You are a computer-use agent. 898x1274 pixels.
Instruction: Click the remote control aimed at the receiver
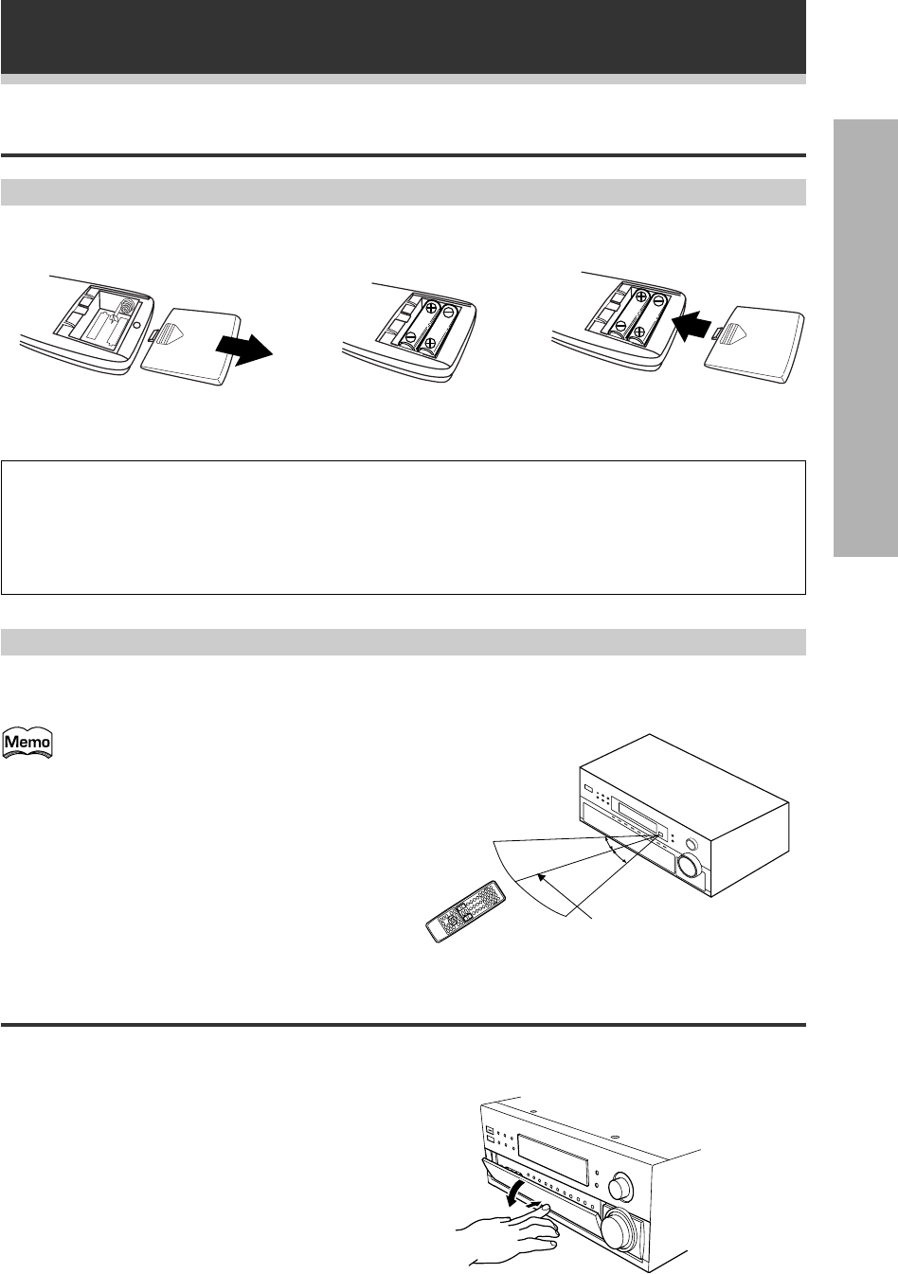(463, 910)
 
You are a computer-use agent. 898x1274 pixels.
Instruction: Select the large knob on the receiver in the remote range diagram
(688, 866)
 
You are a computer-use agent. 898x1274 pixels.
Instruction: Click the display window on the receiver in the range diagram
(638, 814)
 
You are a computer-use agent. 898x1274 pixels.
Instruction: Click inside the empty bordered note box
(403, 528)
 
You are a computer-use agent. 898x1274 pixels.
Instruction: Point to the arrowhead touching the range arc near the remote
(540, 876)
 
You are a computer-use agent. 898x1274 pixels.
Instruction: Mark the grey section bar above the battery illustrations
(403, 192)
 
